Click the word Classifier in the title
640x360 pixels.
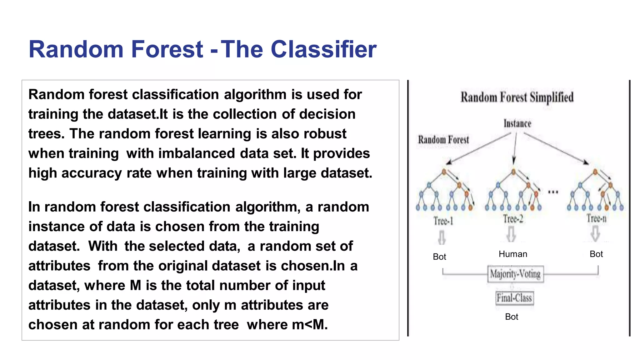tap(323, 49)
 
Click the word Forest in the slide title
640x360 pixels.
tap(167, 49)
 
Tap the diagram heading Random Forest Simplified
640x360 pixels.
tap(517, 97)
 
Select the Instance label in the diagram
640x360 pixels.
tap(517, 123)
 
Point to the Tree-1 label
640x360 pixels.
tap(443, 221)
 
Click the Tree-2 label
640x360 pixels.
tap(513, 219)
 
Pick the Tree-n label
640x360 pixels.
tap(596, 218)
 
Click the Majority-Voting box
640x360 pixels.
tap(515, 274)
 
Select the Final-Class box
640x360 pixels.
tap(514, 298)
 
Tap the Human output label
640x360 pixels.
tap(513, 254)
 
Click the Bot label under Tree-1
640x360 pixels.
tap(439, 257)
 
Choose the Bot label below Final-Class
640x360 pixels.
tap(512, 317)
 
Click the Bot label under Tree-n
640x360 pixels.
tap(596, 254)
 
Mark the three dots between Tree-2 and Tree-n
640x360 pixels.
tap(553, 192)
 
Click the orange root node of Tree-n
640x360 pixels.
tap(595, 172)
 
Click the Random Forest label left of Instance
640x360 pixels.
tap(443, 140)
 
